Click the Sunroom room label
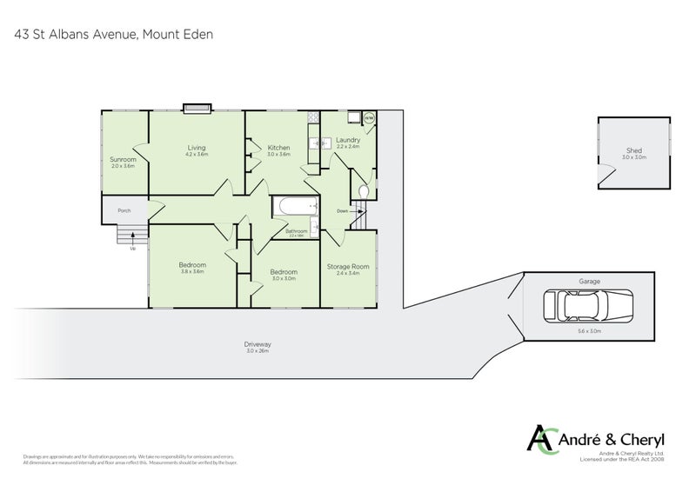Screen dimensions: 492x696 (x=123, y=159)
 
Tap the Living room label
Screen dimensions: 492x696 (x=196, y=148)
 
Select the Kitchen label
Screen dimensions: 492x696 (x=278, y=148)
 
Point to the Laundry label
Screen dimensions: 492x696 (x=347, y=140)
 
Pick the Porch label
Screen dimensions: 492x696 (x=124, y=209)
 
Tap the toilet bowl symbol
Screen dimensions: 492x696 (x=364, y=191)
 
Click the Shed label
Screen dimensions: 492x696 (x=633, y=150)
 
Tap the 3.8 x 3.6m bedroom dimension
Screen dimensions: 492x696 (x=192, y=272)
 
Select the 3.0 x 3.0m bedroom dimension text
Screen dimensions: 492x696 (x=284, y=278)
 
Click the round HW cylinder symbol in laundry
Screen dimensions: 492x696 (x=368, y=119)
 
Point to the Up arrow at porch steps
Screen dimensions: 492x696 (x=132, y=248)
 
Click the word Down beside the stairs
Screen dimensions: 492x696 (x=343, y=210)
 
